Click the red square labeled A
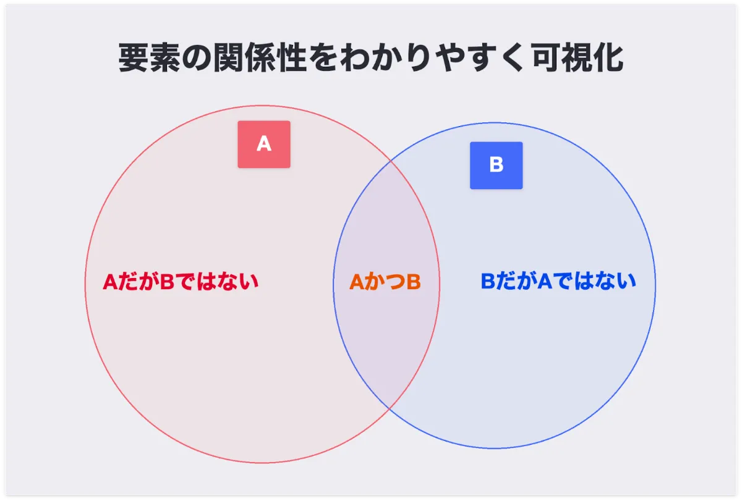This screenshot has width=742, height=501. click(264, 145)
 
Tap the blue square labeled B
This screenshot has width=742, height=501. click(496, 166)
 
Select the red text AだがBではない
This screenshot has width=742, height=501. click(181, 282)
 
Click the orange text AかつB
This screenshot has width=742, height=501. click(385, 282)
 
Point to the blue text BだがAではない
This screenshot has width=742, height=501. click(558, 281)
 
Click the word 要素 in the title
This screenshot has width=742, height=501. click(149, 57)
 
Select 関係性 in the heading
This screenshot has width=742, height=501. click(259, 57)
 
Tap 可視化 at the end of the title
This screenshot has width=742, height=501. click(578, 57)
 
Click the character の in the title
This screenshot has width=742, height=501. click(197, 58)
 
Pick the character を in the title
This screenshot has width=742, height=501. click(323, 58)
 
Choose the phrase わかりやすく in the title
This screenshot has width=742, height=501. click(434, 58)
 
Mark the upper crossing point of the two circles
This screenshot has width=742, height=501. click(391, 161)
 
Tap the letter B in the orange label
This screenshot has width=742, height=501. click(414, 282)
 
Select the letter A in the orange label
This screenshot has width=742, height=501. click(357, 282)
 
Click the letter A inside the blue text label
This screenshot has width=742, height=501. click(545, 281)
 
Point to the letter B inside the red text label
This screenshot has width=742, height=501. click(167, 282)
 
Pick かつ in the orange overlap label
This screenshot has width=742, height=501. click(385, 282)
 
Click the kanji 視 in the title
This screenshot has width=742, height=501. click(578, 57)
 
